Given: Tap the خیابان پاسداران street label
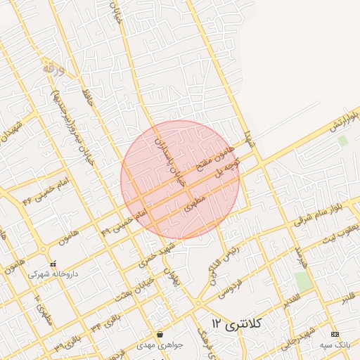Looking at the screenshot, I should pyautogui.click(x=169, y=159).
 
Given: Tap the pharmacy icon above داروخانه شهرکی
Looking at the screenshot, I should pyautogui.click(x=53, y=264).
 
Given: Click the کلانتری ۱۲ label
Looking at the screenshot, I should pyautogui.click(x=237, y=323).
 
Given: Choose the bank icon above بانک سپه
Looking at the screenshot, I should pyautogui.click(x=335, y=334).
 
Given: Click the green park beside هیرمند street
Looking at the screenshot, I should pyautogui.click(x=303, y=281).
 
